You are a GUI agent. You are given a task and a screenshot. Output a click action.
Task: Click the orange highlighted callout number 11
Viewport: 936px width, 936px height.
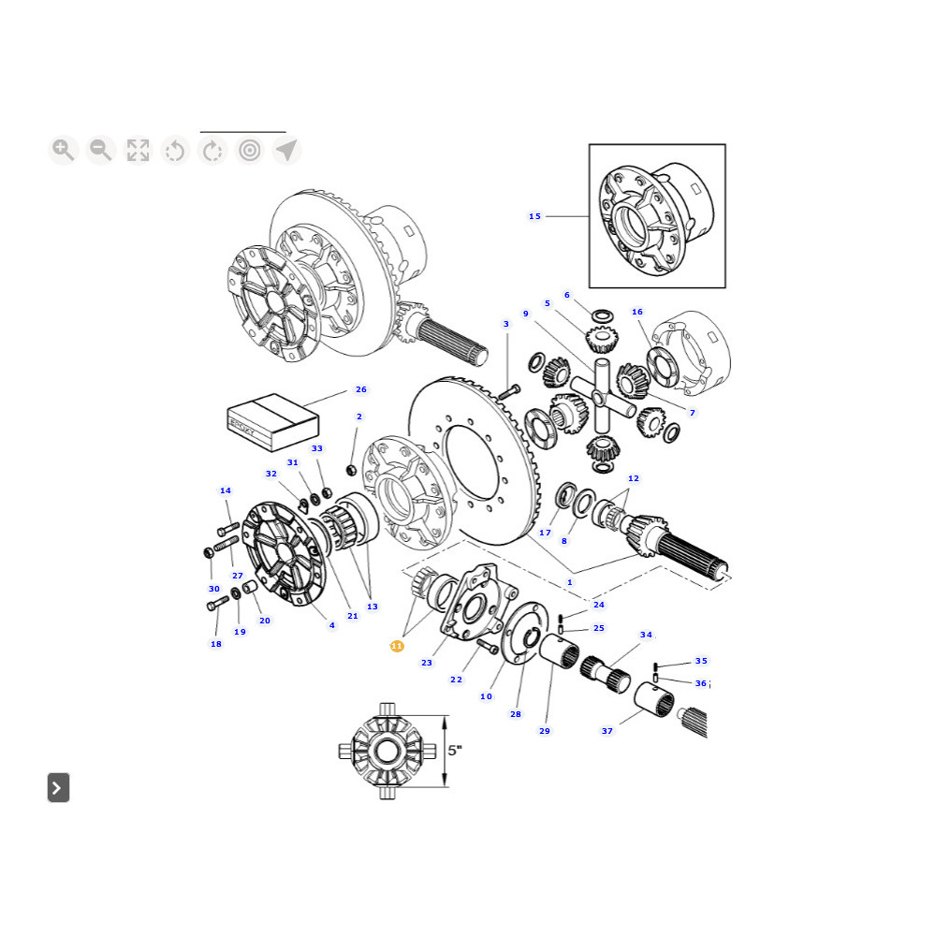tap(397, 646)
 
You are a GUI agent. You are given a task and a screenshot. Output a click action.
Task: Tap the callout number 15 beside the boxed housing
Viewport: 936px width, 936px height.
tap(534, 216)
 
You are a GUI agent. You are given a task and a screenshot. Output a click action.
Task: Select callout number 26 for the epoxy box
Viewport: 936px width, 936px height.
tap(361, 389)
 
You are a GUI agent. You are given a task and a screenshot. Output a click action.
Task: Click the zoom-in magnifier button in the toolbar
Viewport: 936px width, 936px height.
tap(64, 150)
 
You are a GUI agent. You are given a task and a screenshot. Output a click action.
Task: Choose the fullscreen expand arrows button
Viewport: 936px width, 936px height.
tap(138, 150)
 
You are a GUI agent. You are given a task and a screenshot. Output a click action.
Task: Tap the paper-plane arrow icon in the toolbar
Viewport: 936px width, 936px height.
tap(286, 150)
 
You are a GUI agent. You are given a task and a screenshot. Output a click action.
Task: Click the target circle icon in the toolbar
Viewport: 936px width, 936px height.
tap(250, 150)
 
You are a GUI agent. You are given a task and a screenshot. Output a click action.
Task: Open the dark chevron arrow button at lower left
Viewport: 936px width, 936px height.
tap(58, 787)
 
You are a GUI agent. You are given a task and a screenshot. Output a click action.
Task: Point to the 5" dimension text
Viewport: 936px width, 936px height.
tap(456, 750)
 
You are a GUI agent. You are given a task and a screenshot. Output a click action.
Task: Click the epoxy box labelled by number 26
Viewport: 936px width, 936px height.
tap(272, 422)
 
